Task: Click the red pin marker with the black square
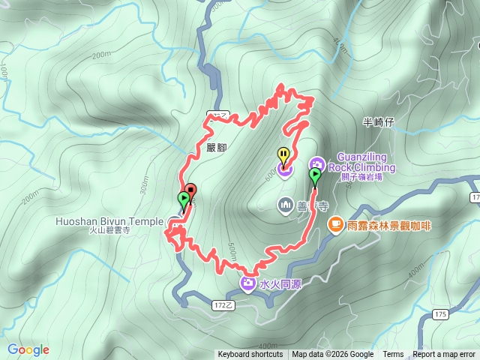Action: pyautogui.click(x=190, y=191)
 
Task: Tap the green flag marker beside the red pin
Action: pyautogui.click(x=184, y=199)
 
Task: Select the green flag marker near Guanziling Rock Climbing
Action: pyautogui.click(x=315, y=176)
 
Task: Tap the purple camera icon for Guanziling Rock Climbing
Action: pyautogui.click(x=316, y=163)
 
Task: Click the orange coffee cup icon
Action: pyautogui.click(x=335, y=223)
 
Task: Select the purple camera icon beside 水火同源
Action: pyautogui.click(x=248, y=283)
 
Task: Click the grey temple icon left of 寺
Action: pyautogui.click(x=286, y=204)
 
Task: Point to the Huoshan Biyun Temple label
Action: pyautogui.click(x=109, y=222)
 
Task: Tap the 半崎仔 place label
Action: pyautogui.click(x=378, y=122)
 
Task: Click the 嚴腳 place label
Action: pyautogui.click(x=215, y=148)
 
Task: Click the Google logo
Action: pyautogui.click(x=28, y=349)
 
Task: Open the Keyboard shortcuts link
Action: pyautogui.click(x=250, y=355)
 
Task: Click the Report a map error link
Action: pyautogui.click(x=444, y=355)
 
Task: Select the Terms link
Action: pyautogui.click(x=393, y=355)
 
